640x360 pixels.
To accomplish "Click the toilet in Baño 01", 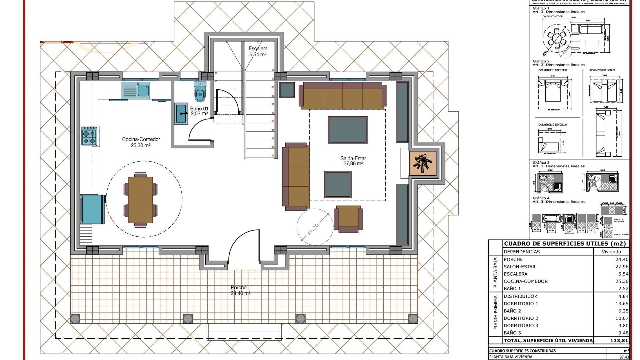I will coord(200,92).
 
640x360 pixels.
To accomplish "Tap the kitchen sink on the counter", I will coord(136,90).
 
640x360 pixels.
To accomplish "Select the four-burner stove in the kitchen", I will coord(89,136).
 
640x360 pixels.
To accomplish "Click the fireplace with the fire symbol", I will coord(423,163).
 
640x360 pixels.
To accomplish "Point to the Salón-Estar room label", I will coord(353,161).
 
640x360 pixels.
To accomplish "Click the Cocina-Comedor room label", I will coord(141,142).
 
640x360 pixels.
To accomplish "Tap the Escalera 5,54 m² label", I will coord(258,51).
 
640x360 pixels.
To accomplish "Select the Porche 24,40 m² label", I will coord(239,290).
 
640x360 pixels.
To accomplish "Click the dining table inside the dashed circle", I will coord(140,199).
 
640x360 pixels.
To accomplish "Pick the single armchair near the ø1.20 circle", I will coord(348,218).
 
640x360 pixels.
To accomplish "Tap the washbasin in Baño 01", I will coord(181,113).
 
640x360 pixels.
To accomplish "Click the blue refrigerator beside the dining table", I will coord(91,209).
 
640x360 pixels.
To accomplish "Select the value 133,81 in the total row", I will coord(619,340).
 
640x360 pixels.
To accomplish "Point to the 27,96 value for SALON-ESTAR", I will coord(622,267).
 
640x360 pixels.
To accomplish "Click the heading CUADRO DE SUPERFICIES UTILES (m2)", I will coord(565,244).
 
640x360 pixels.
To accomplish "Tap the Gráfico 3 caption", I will coord(541,163).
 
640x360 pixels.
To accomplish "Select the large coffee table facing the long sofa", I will coord(348,130).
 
